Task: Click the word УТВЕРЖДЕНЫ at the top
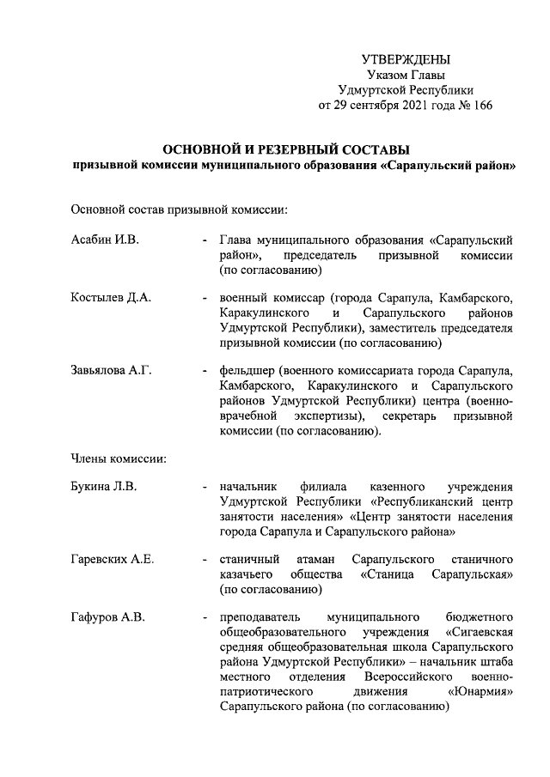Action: (x=406, y=59)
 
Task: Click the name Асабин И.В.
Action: (x=105, y=240)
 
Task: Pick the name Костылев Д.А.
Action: (x=111, y=298)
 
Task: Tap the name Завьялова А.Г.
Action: (x=111, y=371)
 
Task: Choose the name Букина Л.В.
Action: (x=105, y=487)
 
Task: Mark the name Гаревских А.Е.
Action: (x=113, y=560)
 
